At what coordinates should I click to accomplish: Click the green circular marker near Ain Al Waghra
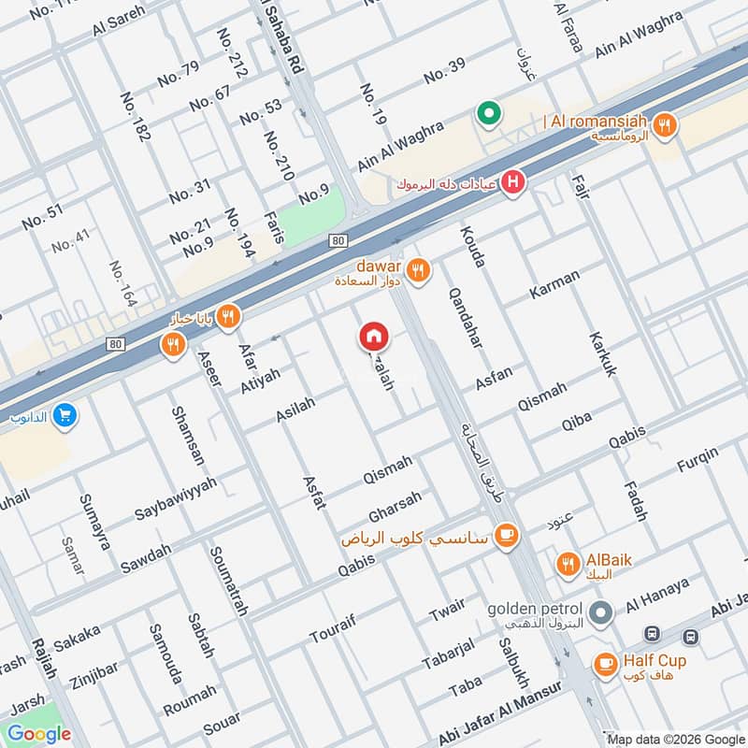pos(488,115)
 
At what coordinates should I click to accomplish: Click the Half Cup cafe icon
pos(605,665)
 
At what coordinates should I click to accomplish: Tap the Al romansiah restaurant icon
pos(665,125)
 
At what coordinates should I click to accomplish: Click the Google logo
pos(39,734)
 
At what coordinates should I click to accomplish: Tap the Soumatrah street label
pos(229,581)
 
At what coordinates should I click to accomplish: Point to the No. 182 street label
pos(135,117)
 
